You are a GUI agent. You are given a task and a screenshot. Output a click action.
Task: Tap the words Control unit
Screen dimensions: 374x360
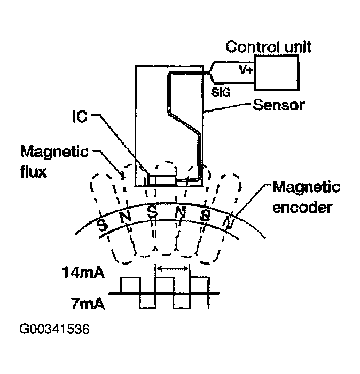269,46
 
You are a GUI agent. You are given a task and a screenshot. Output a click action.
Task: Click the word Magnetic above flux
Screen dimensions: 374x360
54,152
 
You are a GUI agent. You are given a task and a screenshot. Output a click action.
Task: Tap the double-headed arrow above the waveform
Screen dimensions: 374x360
172,269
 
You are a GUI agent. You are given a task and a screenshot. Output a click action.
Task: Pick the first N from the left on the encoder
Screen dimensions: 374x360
127,217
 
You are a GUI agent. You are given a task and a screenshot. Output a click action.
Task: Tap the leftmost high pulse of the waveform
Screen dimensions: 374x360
130,285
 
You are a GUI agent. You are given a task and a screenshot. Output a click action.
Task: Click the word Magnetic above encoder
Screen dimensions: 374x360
306,187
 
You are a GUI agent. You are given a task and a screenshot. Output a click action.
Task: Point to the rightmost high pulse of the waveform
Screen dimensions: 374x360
199,285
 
